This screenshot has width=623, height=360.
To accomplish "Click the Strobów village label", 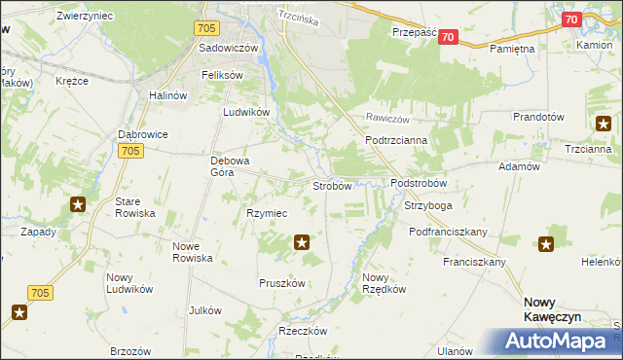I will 331,186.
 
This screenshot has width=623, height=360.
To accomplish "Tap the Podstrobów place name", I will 418,183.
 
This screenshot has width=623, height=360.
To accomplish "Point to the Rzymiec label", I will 266,213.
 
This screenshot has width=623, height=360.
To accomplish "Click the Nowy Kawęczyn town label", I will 551,310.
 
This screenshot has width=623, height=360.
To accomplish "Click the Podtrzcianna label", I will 390,140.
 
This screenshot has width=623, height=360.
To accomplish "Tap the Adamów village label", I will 519,167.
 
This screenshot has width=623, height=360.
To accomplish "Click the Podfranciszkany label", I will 448,232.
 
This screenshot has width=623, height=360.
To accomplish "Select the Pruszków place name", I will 282,283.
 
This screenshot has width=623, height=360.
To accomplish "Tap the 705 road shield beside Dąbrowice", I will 132,151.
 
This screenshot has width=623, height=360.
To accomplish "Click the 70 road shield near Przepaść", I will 447,37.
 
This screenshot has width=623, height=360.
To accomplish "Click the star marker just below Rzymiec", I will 303,242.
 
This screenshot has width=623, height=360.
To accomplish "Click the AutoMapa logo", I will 562,342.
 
